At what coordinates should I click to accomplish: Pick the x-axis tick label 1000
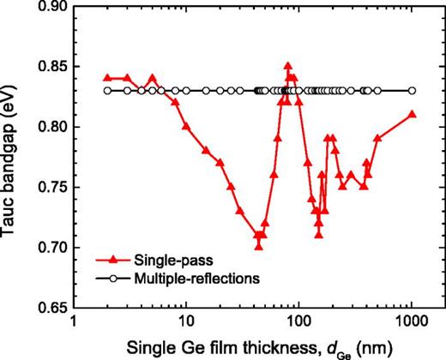412,323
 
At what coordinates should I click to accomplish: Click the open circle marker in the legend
112,278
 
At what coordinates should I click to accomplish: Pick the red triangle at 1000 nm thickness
412,114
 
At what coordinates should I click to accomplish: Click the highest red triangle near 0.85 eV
287,65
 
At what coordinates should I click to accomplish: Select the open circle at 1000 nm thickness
412,90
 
